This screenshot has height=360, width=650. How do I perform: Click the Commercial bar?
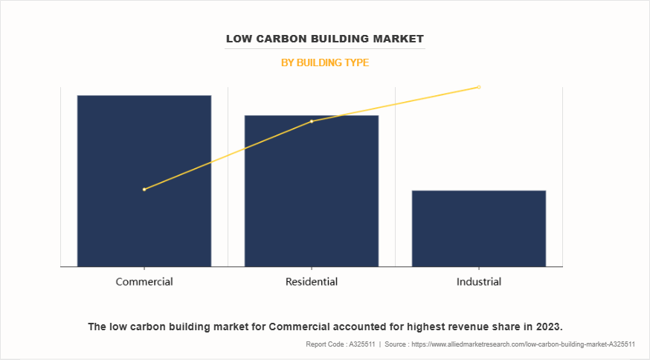coord(144,180)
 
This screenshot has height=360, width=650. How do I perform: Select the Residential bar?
coord(312,190)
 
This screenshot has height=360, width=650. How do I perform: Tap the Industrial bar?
coord(479,228)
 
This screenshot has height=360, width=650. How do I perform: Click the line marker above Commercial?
coord(144,189)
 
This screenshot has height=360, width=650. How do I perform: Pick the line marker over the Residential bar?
coord(312,121)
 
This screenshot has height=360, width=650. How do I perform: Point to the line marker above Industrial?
coord(479,87)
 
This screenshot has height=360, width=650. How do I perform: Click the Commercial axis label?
coord(144,282)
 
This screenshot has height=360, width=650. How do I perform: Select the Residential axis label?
coord(312,282)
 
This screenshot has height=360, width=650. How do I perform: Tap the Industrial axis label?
coord(479,282)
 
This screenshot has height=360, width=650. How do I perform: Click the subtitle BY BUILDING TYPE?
coord(325,63)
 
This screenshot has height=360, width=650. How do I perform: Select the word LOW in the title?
coord(239,38)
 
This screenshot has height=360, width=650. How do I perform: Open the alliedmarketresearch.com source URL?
coord(521,344)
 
